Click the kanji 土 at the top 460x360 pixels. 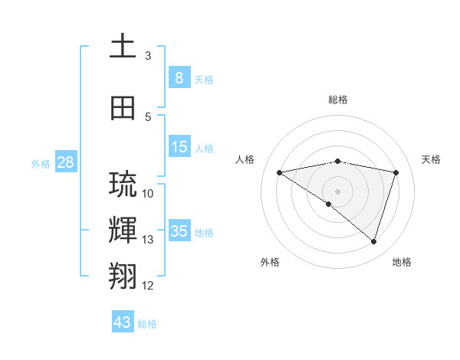[x=123, y=46]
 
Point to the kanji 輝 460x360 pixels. [x=123, y=230]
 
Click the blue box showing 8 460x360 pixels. [x=179, y=78]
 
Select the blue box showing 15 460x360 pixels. [x=179, y=147]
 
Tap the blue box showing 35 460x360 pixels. [x=179, y=231]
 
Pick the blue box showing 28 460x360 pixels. [x=64, y=162]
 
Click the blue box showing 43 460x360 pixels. [x=122, y=322]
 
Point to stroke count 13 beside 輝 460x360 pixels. [x=148, y=240]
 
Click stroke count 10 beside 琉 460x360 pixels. [x=148, y=193]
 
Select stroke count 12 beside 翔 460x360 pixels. [x=148, y=286]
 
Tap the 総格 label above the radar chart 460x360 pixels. [x=337, y=100]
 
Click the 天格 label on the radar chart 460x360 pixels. [x=431, y=159]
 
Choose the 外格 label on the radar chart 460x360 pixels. [x=270, y=262]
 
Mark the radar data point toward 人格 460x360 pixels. [x=279, y=172]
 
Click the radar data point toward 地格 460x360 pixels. [x=373, y=241]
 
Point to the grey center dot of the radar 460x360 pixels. [x=337, y=190]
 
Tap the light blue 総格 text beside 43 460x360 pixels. [x=147, y=324]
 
